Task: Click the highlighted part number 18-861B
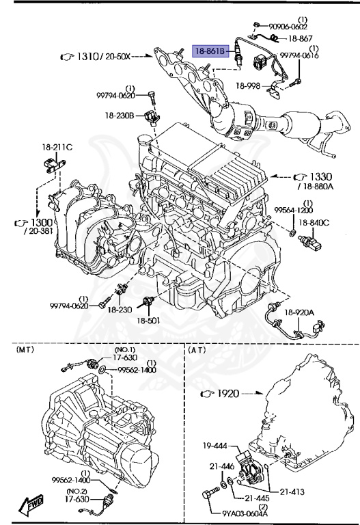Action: coord(211,51)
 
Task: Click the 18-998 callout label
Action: coord(250,86)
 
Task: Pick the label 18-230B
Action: coord(120,116)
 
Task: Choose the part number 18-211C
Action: coord(57,146)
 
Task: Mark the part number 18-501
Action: coord(147,320)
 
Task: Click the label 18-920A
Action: coord(300,312)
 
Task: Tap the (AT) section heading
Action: coord(198,349)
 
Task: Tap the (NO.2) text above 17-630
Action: coord(76,490)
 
